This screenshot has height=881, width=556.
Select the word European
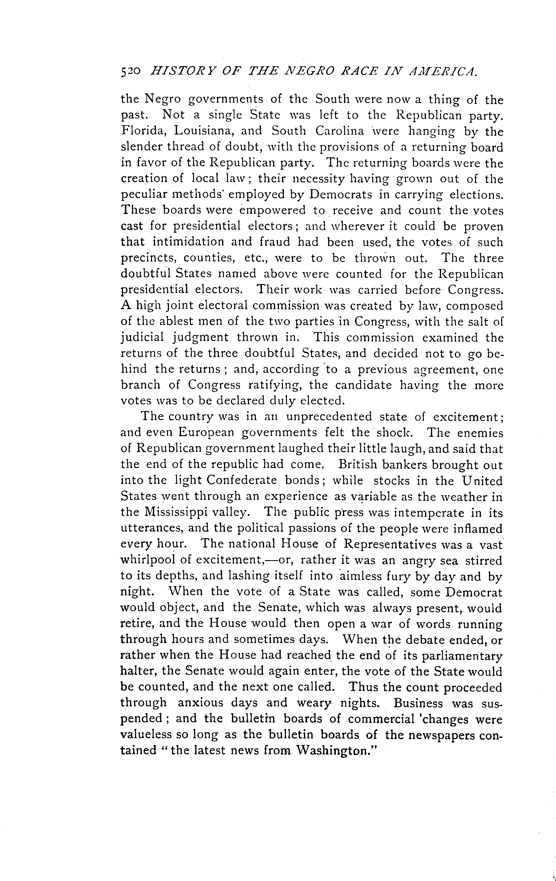coord(207,432)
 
